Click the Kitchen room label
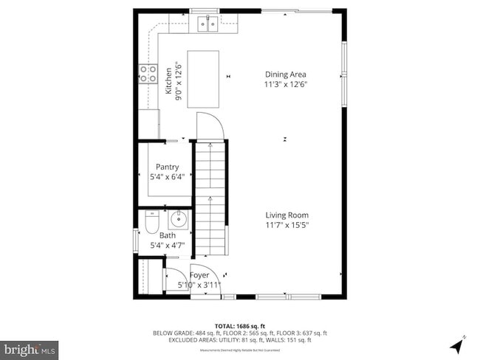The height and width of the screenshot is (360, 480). click(x=168, y=82)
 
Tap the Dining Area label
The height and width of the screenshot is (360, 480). click(x=286, y=74)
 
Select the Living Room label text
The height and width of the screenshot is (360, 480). click(x=287, y=215)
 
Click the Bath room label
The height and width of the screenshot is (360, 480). click(x=168, y=235)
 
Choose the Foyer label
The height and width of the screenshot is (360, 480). click(x=200, y=274)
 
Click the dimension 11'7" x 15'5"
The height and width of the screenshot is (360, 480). click(x=287, y=225)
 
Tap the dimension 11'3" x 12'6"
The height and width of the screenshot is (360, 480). click(x=286, y=84)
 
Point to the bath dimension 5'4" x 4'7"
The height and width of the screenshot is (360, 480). click(x=167, y=245)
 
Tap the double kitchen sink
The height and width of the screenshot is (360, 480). click(x=207, y=25)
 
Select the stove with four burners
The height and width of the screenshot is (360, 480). click(x=148, y=73)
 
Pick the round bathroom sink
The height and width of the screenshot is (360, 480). click(x=179, y=219)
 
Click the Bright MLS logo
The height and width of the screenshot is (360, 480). click(x=30, y=347)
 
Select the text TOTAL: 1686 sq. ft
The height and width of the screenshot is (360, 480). click(x=239, y=325)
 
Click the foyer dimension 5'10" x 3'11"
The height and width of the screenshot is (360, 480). click(x=199, y=284)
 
